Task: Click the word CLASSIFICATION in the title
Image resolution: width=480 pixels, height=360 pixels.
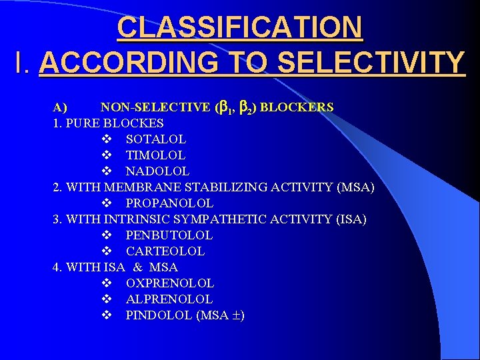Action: [x=240, y=28]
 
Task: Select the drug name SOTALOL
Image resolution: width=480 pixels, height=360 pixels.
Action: [x=156, y=139]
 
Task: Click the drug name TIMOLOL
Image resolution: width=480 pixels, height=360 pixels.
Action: [x=155, y=155]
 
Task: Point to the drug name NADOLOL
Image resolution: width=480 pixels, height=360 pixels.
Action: [x=157, y=171]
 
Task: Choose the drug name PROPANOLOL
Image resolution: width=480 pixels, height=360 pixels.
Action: [x=169, y=203]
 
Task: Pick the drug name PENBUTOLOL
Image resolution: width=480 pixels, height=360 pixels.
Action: [x=169, y=235]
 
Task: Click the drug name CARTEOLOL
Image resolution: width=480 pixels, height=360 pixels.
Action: [x=165, y=251]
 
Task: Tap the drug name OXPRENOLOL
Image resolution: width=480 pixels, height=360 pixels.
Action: [x=169, y=283]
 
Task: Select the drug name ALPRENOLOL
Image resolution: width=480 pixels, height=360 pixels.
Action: [x=169, y=299]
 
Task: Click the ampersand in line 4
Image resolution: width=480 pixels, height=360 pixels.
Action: [x=138, y=267]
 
